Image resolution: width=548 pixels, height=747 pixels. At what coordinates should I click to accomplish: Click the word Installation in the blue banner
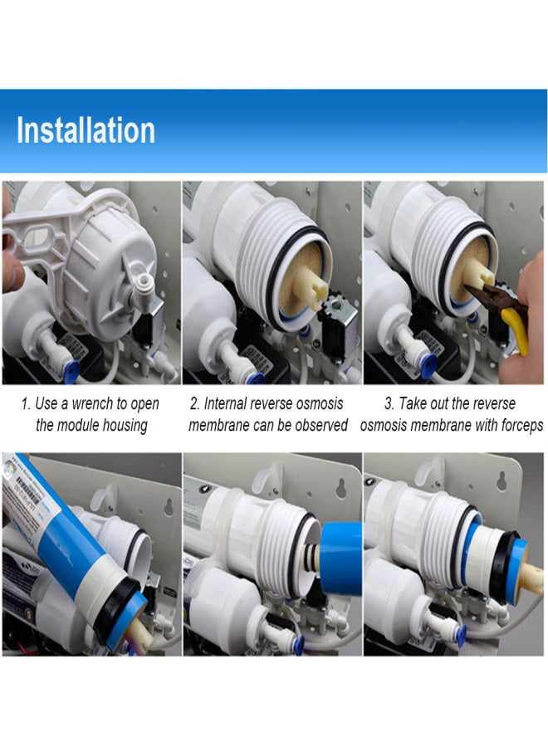[x=86, y=129]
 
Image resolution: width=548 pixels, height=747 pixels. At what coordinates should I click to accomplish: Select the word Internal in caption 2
[x=224, y=403]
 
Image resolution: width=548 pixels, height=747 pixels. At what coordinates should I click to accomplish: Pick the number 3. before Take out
[x=389, y=403]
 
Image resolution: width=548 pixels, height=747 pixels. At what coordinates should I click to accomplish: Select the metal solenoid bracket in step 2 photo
[x=340, y=310]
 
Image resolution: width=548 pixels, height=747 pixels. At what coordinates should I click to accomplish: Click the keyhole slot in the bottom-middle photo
[x=341, y=486]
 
